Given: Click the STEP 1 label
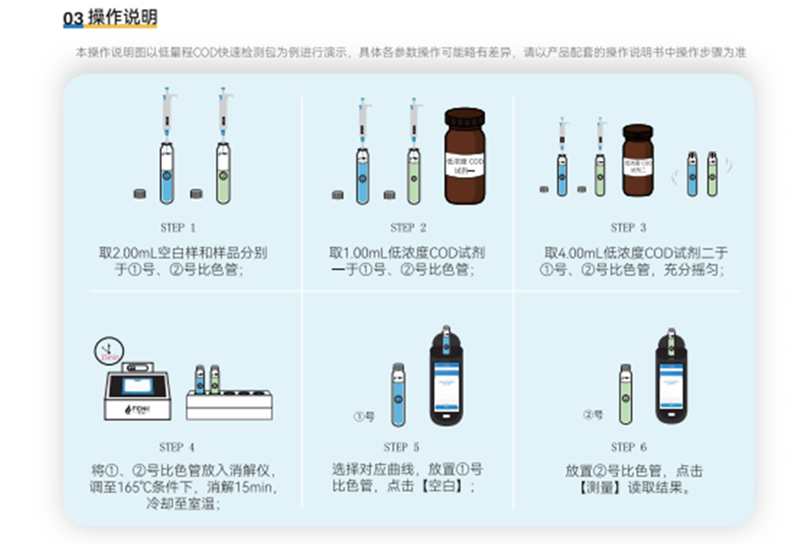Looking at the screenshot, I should (178, 228).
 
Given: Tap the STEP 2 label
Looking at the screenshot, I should (408, 228).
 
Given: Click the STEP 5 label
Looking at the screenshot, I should (401, 447).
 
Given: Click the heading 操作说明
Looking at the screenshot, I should (123, 18).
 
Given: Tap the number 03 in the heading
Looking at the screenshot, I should (73, 18).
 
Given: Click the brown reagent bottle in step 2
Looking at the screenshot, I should (464, 157).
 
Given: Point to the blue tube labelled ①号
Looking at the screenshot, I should (397, 395).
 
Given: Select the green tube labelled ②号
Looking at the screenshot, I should (625, 395).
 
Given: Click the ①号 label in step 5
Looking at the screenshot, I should (363, 416).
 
